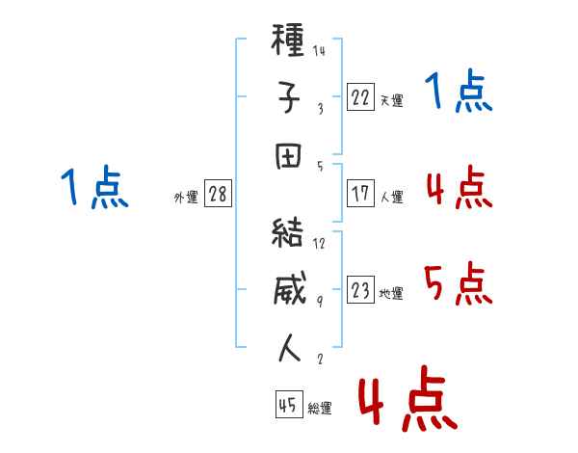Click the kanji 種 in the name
coord(288,40)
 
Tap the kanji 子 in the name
coord(289,97)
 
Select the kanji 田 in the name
coord(288,156)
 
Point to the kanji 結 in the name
coord(287,232)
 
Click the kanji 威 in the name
coord(290,288)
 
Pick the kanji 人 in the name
coord(289,348)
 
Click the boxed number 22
coord(360,96)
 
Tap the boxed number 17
coord(360,193)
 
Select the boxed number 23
coord(360,289)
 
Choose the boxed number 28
coord(218,193)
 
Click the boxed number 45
coord(289,404)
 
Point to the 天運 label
coord(392,100)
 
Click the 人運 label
coord(392,197)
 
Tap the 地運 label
coord(391,293)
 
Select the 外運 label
coord(186,197)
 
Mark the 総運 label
coord(320,409)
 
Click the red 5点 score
coord(459,283)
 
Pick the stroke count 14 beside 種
coord(319,50)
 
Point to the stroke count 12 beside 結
coord(319,243)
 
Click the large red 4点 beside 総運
coord(408,398)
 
